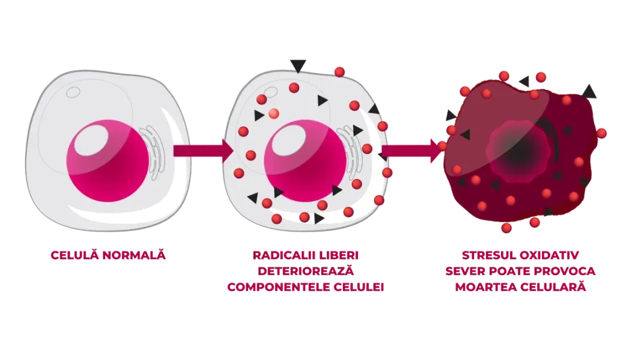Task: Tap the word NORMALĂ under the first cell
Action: [134, 255]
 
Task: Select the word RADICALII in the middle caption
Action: [284, 255]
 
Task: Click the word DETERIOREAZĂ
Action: [305, 271]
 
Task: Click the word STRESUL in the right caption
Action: [488, 255]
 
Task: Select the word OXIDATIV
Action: [549, 255]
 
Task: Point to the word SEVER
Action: [465, 271]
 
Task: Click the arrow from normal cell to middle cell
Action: [203, 151]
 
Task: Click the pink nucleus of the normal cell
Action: [108, 161]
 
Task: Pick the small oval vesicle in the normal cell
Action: [73, 92]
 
